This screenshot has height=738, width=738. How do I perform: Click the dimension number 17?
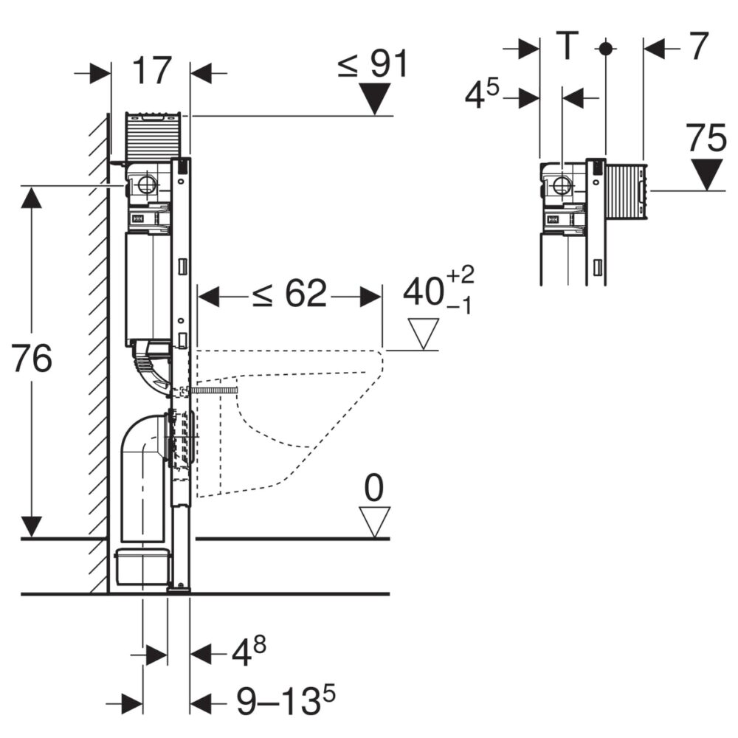[x=151, y=71]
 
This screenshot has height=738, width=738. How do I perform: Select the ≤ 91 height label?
[x=372, y=64]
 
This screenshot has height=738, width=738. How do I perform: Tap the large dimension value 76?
[x=32, y=359]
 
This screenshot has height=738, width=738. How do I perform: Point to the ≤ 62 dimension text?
[x=289, y=294]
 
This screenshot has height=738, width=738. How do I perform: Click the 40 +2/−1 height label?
[x=438, y=290]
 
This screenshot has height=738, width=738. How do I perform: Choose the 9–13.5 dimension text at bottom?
[x=286, y=700]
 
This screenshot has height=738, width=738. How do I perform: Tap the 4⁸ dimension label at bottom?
[x=249, y=652]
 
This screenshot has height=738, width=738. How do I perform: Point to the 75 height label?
[x=706, y=138]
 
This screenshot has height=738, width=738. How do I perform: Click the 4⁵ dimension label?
[x=481, y=94]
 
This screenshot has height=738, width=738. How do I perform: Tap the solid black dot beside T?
[x=605, y=48]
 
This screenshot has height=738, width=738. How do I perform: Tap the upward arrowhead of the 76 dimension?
[x=32, y=197]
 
